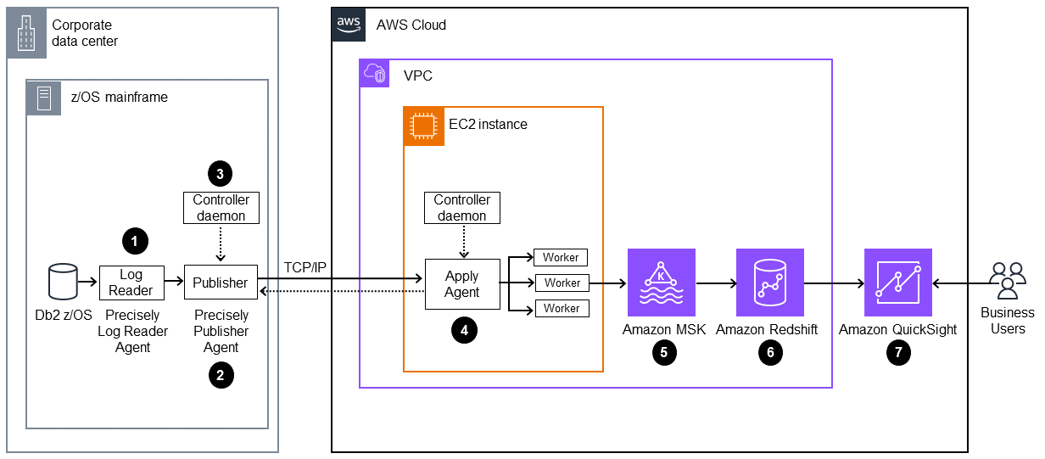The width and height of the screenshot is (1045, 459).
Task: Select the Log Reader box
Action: (x=131, y=282)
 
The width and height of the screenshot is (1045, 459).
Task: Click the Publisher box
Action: (x=221, y=282)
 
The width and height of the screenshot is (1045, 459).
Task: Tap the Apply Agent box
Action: (x=461, y=284)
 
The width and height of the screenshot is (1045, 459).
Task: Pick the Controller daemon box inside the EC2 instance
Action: (x=461, y=208)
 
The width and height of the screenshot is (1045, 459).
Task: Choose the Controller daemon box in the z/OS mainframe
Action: (x=221, y=208)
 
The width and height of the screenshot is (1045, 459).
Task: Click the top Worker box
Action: (x=562, y=257)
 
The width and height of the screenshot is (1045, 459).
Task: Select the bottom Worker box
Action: (x=562, y=308)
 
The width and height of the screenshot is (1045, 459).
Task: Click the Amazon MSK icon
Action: (x=661, y=283)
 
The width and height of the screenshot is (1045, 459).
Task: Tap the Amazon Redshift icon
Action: (x=770, y=283)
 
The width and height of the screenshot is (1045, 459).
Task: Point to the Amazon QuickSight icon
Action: (x=897, y=283)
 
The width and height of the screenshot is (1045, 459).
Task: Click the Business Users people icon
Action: (x=1007, y=281)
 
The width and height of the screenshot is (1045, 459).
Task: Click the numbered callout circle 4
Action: (x=463, y=332)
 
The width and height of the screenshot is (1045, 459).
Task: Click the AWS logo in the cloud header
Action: (x=349, y=25)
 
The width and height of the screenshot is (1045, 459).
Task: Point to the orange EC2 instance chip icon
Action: (x=419, y=125)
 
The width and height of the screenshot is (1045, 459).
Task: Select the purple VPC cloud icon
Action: (x=376, y=76)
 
